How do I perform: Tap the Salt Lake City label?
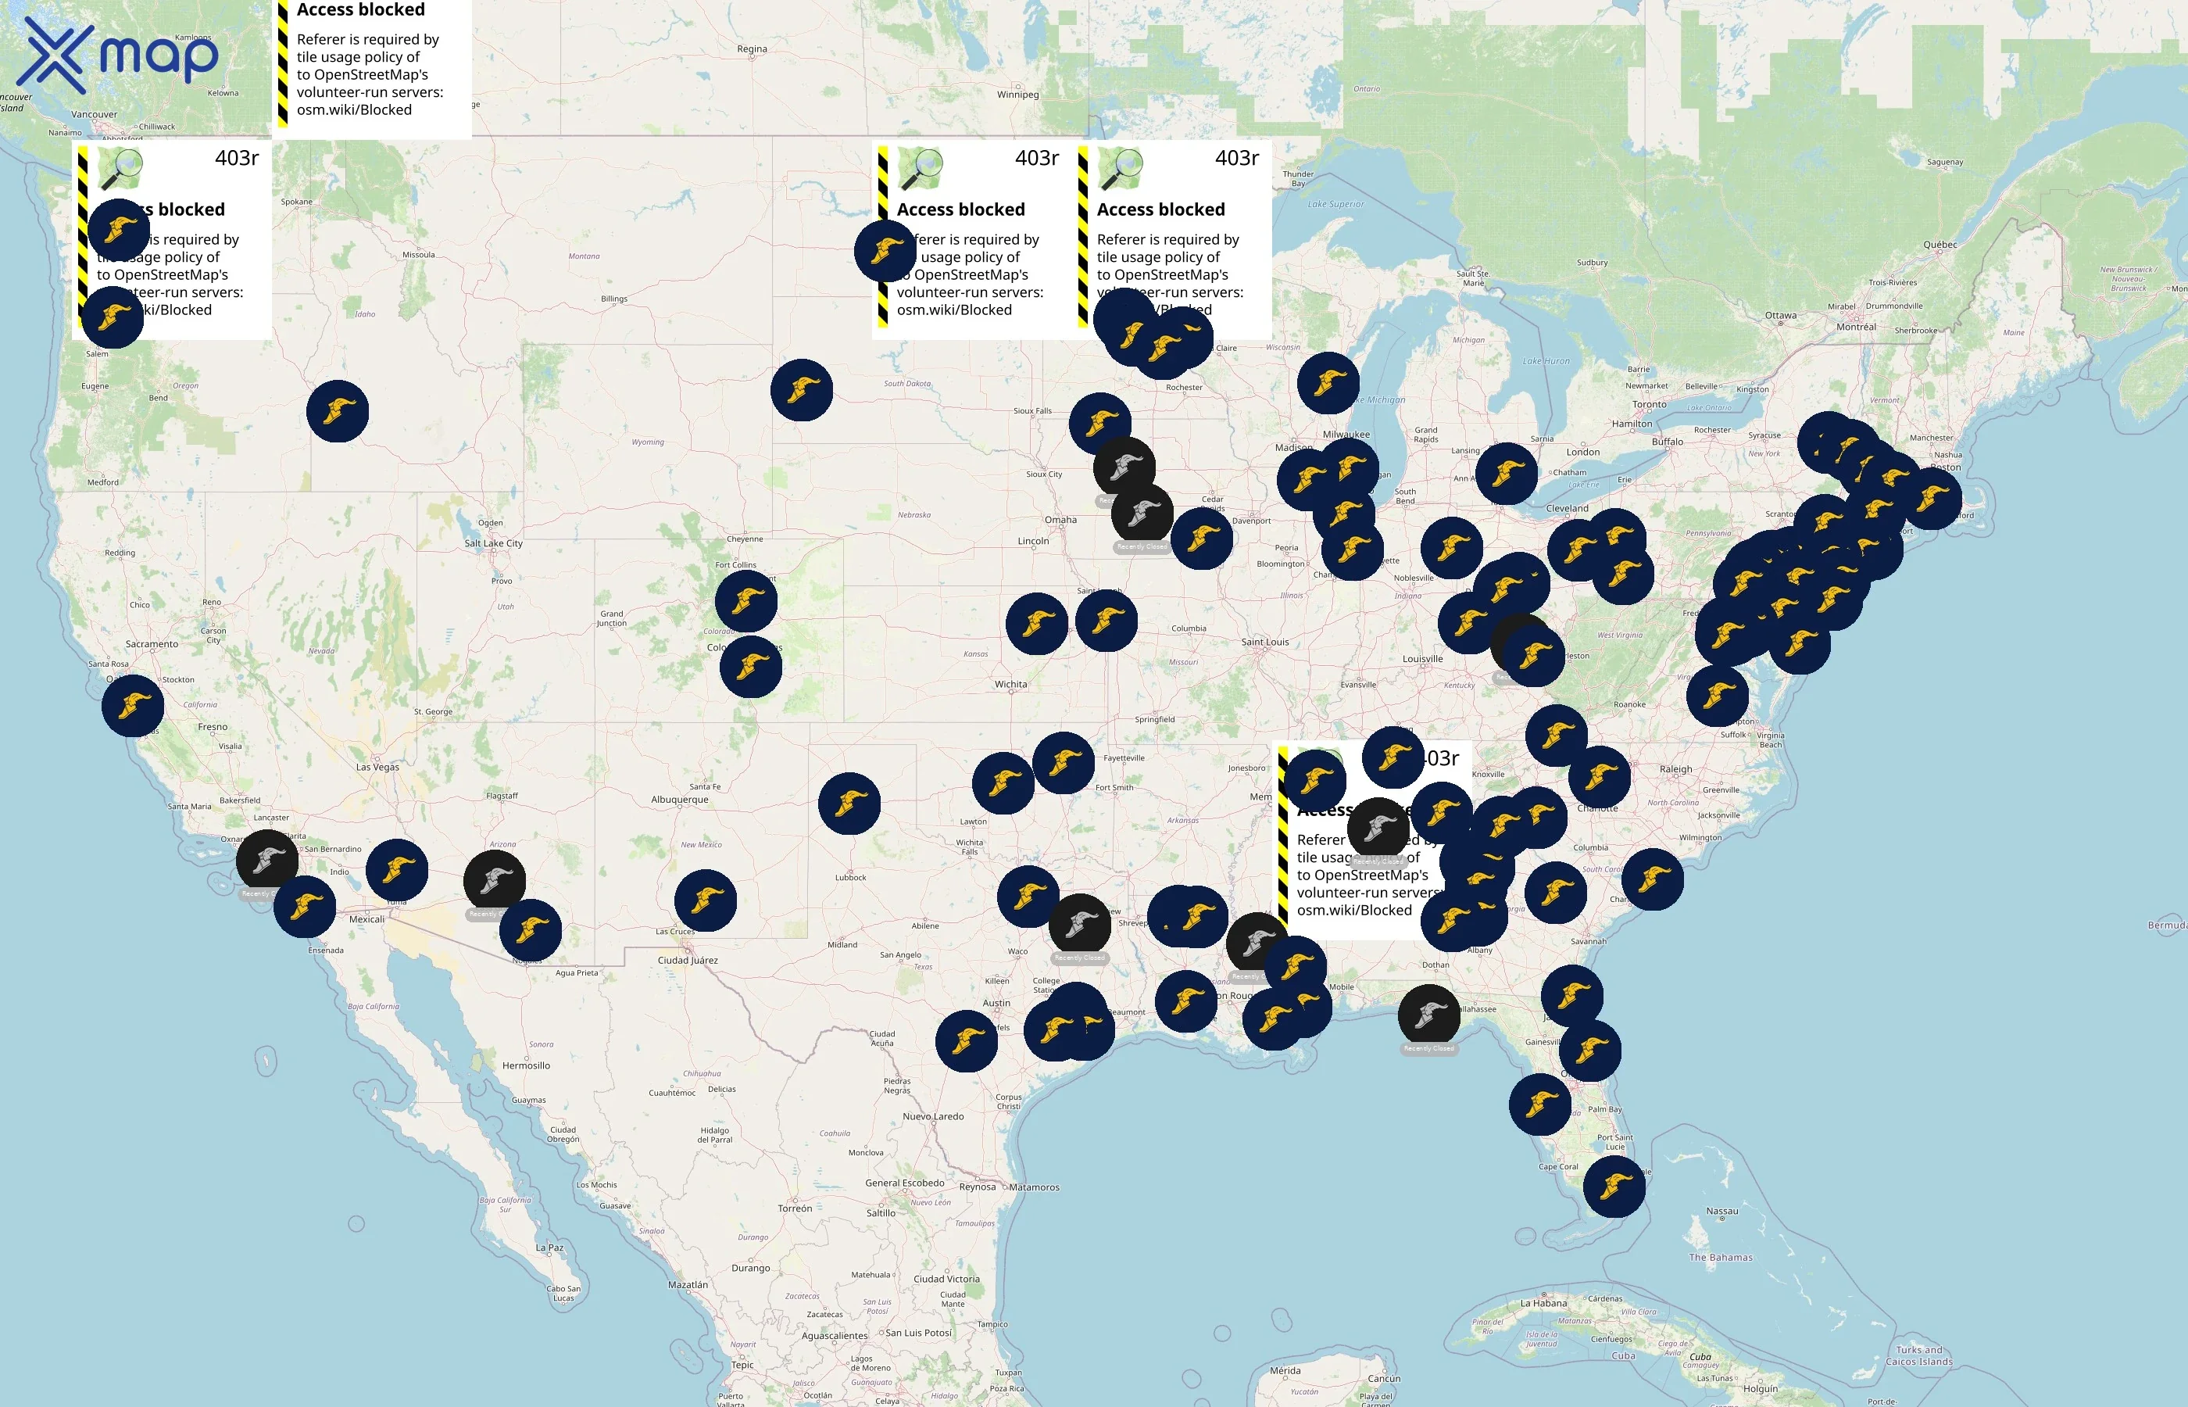493,543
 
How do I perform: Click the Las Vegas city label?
377,768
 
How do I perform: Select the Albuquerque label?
679,800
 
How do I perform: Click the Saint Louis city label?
1265,643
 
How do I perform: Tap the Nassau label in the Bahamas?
1721,1212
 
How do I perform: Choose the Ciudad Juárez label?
688,960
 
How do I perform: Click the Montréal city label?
1856,327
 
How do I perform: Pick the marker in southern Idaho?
337,411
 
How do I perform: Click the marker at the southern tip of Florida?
1614,1186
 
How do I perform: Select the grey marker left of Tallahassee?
1428,1016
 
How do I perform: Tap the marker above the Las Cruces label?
705,900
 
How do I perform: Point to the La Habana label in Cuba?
1543,1304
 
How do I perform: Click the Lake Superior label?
1335,205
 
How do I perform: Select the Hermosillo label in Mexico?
526,1066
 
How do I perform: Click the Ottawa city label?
1780,316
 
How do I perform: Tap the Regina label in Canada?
752,49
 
